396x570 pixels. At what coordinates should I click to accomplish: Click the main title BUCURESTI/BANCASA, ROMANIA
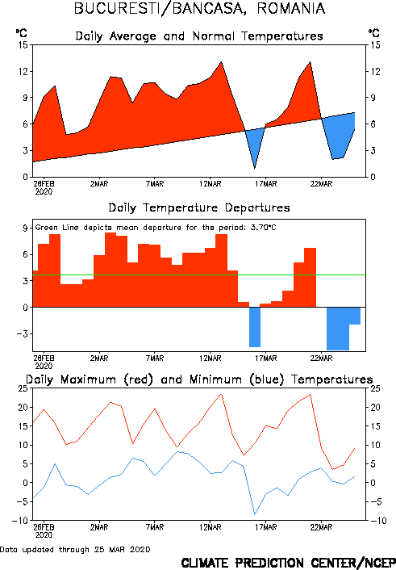199,8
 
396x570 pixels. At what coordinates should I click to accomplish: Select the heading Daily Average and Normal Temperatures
199,36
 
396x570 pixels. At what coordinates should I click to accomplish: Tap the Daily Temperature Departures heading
199,208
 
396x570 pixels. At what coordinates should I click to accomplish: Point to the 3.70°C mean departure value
264,228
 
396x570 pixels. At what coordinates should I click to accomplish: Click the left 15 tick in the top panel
23,45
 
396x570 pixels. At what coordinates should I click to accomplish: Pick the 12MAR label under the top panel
211,184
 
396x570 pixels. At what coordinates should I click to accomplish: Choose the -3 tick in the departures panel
22,333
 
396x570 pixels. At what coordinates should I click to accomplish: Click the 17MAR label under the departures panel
265,358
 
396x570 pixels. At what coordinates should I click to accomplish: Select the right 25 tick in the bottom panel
375,388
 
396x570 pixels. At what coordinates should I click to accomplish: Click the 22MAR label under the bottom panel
321,527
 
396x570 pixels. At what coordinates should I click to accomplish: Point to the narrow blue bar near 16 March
255,327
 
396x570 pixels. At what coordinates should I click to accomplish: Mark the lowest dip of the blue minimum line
255,513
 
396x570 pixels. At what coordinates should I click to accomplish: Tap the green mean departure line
199,275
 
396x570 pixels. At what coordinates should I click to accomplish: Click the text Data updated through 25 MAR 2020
75,549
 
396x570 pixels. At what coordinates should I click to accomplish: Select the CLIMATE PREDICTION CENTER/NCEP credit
289,563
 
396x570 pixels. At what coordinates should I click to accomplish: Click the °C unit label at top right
374,33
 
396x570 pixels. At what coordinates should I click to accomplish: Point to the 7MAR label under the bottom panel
155,527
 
